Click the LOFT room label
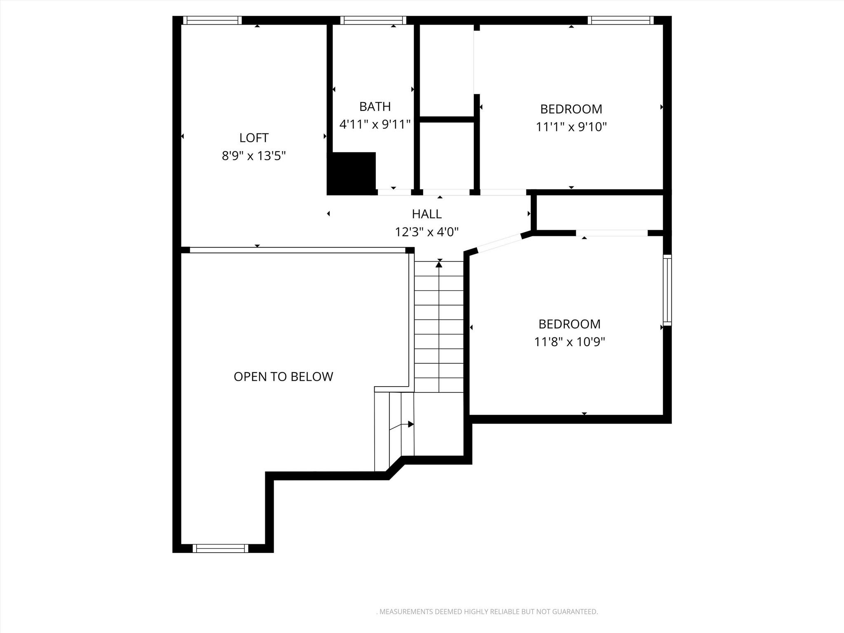(254, 138)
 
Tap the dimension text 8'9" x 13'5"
(254, 156)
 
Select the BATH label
(375, 107)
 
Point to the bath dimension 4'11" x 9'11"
(375, 124)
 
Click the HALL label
(427, 214)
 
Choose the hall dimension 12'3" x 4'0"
(427, 232)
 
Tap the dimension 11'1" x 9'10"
(571, 127)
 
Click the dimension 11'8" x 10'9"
(570, 342)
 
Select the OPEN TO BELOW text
(283, 377)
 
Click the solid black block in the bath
(352, 173)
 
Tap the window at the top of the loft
(212, 20)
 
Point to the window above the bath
(373, 20)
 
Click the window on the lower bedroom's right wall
(667, 290)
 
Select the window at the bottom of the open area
(220, 548)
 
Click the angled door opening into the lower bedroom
(499, 243)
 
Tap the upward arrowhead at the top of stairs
(439, 265)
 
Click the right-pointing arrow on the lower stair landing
(410, 424)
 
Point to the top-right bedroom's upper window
(620, 20)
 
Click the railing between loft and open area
(298, 250)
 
